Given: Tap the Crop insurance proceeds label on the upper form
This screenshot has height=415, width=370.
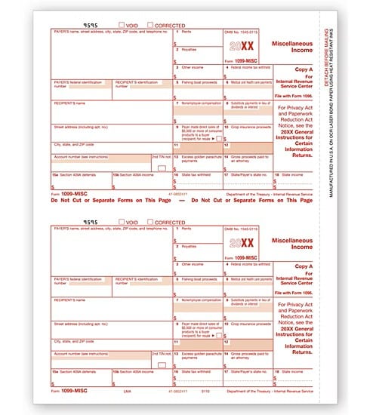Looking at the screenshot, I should click(246, 127).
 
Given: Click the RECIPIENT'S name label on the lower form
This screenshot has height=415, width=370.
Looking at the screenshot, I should click(69, 300).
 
